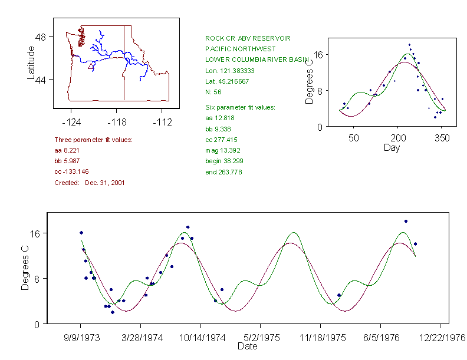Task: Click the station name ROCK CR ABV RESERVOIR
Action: [x=248, y=38]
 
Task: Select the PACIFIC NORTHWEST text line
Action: [x=239, y=49]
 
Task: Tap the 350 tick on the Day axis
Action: [x=442, y=138]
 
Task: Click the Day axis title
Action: [x=392, y=147]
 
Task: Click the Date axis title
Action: [x=247, y=346]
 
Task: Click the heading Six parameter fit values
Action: [x=240, y=107]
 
